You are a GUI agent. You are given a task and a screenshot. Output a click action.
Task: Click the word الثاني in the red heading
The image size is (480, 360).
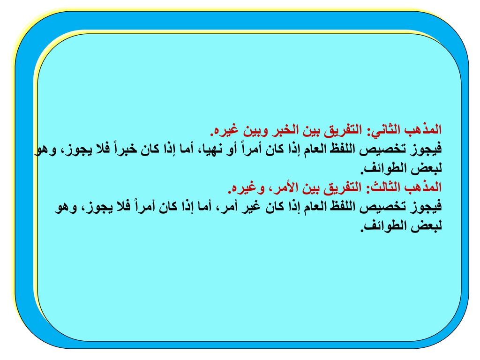[x=385, y=130]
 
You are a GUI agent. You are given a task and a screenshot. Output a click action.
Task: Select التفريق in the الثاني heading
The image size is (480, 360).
[x=342, y=130]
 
